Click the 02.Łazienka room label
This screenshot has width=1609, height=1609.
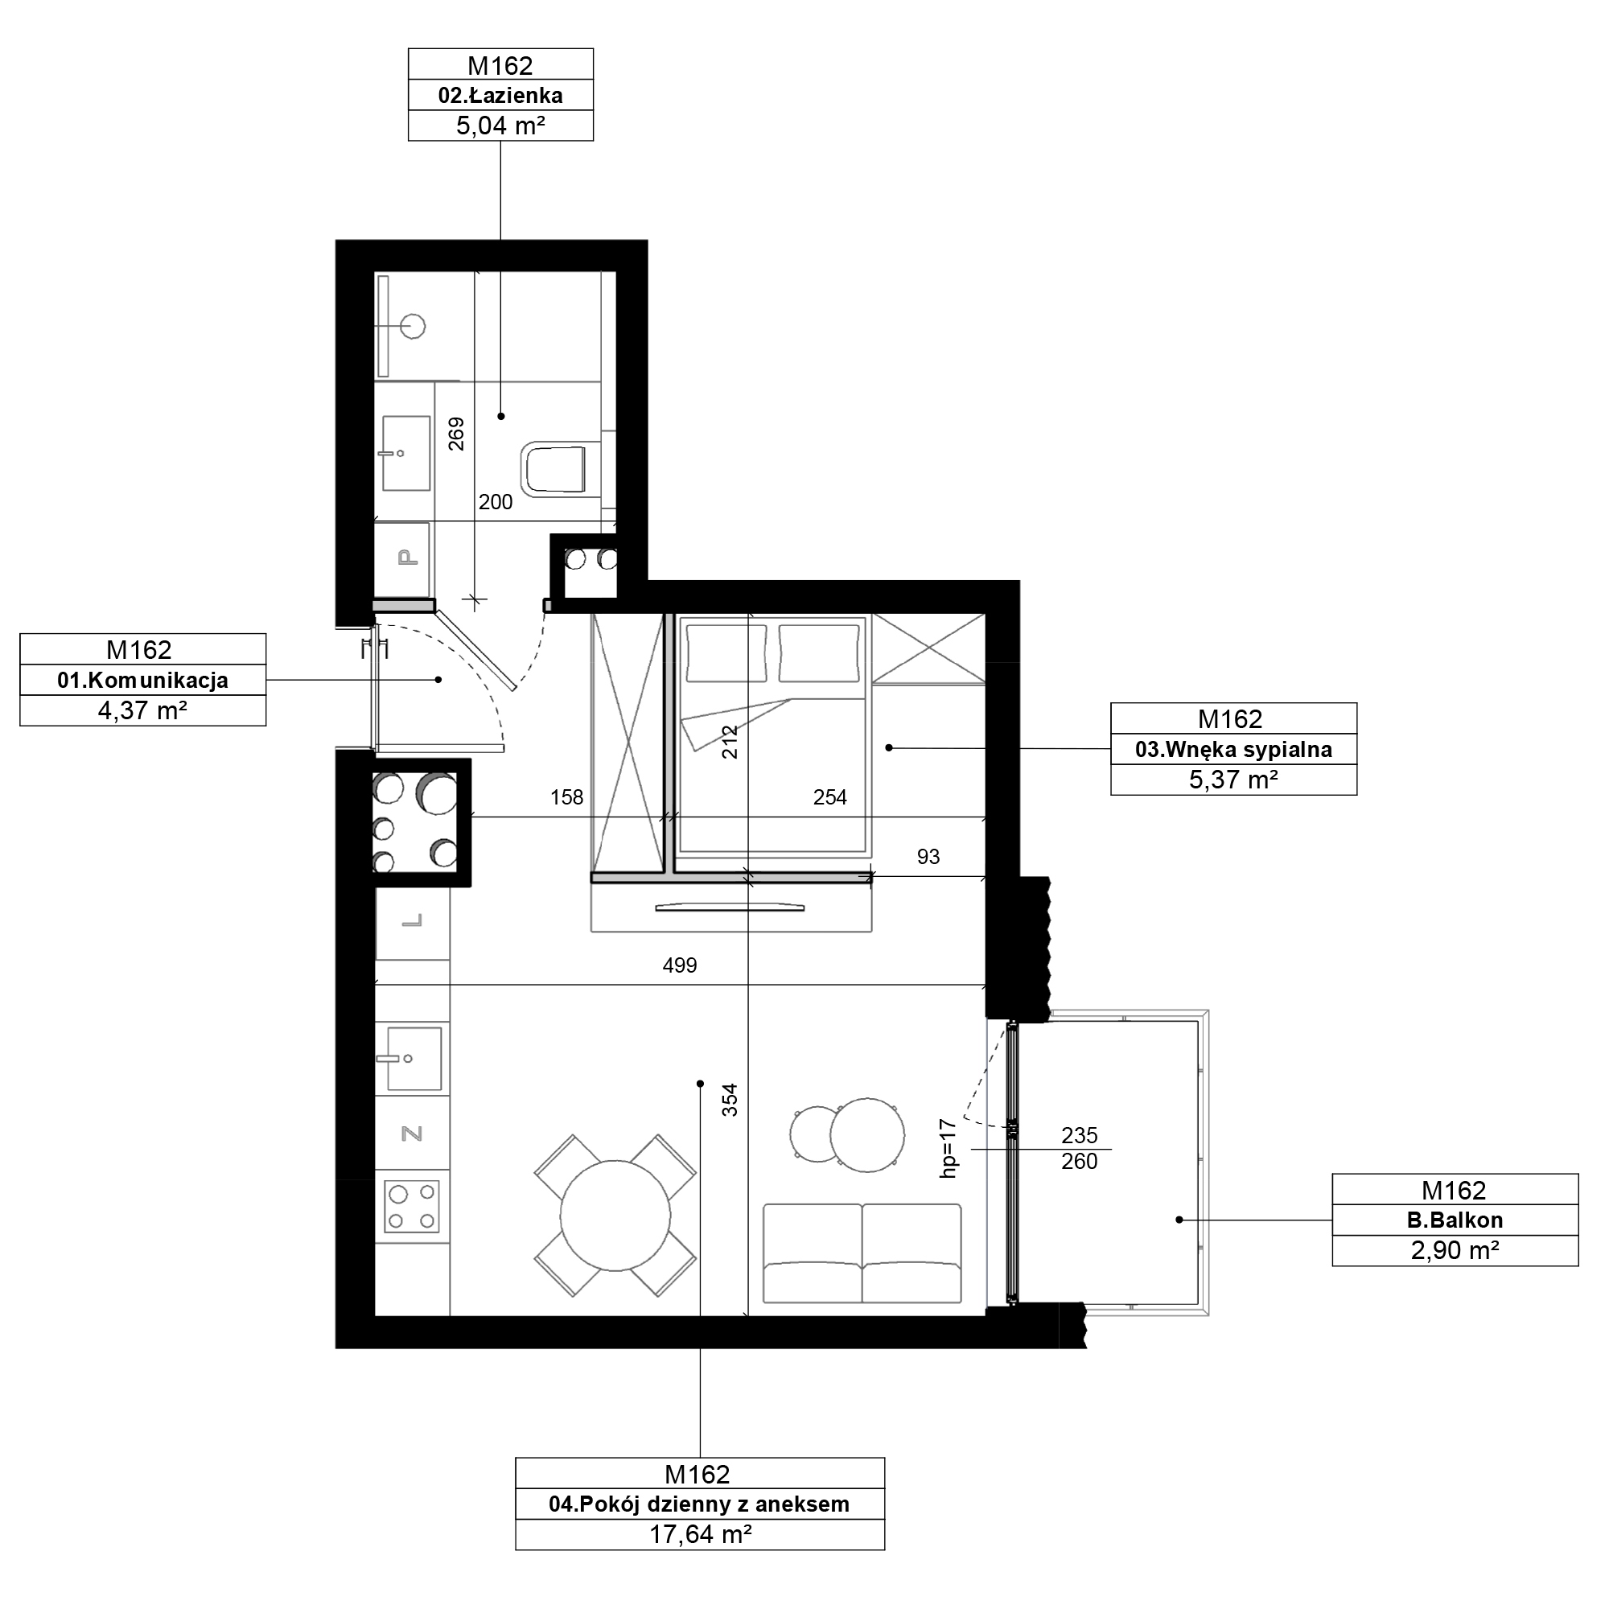(x=500, y=96)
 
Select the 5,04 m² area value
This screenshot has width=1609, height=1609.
(x=500, y=126)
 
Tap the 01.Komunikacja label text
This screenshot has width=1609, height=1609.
(x=142, y=681)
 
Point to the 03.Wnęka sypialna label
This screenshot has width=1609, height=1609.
(x=1233, y=750)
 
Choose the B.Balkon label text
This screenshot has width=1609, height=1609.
(x=1455, y=1221)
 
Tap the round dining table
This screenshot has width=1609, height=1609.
(x=615, y=1216)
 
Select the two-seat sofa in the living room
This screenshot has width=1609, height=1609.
(x=862, y=1253)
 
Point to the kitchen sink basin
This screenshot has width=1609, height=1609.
(x=414, y=1060)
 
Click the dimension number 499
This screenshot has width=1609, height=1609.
(x=680, y=966)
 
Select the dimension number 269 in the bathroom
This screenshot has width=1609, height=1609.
(x=456, y=434)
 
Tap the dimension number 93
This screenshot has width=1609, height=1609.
(x=928, y=857)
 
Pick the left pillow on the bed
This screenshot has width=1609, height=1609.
(x=726, y=654)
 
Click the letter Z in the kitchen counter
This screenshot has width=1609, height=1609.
(x=412, y=1134)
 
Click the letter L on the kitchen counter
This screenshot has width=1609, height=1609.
(x=412, y=921)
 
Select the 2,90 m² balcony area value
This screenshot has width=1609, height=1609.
(x=1455, y=1251)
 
